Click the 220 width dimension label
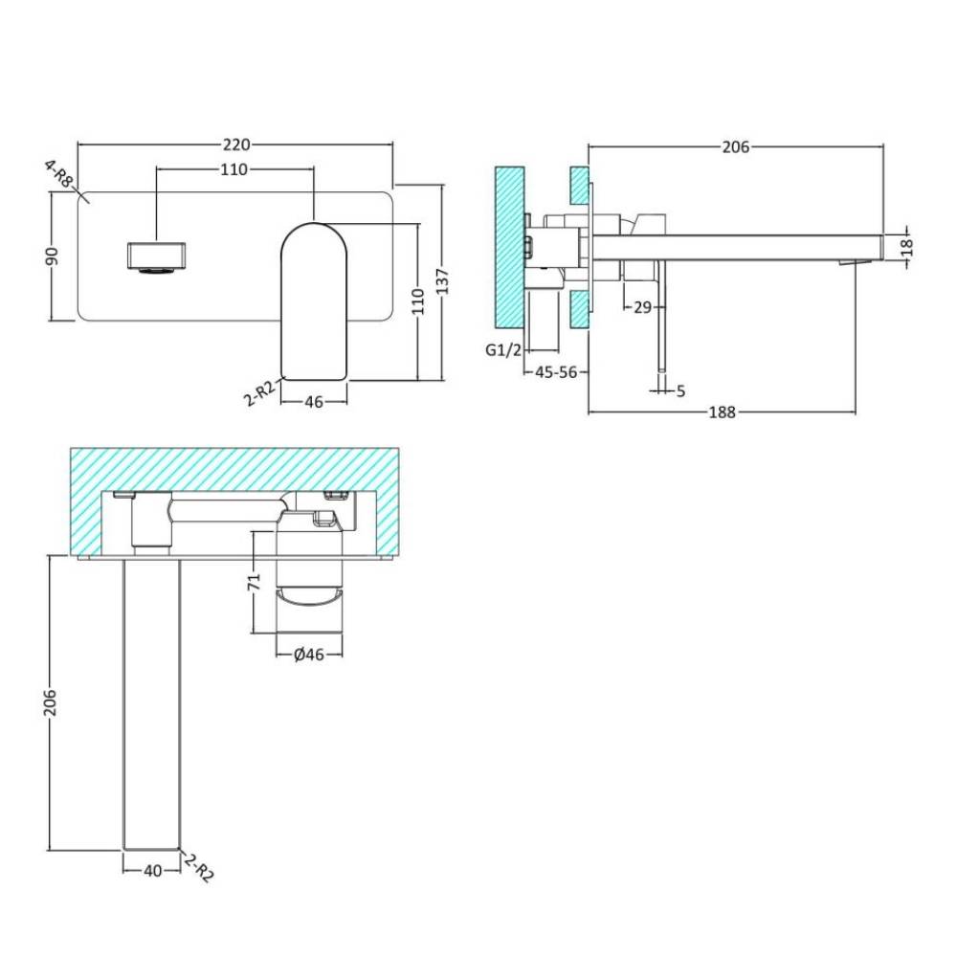236,145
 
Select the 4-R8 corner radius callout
59,174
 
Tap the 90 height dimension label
53,256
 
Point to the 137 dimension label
443,281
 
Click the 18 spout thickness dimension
907,247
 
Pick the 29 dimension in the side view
643,307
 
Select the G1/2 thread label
503,349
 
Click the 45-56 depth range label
556,371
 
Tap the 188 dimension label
722,412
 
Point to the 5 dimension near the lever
681,390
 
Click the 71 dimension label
254,581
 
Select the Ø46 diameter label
309,655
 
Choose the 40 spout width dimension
152,870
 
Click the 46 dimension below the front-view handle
314,402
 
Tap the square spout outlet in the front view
156,256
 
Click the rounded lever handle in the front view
314,301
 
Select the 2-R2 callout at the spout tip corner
199,867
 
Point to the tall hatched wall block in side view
510,247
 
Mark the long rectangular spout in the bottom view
152,703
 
